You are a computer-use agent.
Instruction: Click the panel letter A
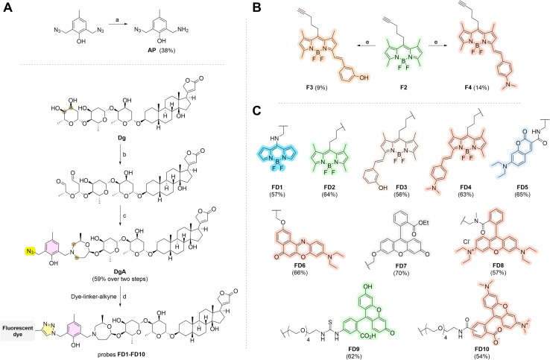[x=7, y=7]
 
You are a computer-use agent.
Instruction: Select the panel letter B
[x=257, y=7]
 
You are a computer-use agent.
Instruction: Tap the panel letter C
[x=257, y=111]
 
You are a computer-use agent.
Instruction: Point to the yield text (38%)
[x=168, y=51]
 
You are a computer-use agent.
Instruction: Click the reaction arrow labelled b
[x=120, y=154]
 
